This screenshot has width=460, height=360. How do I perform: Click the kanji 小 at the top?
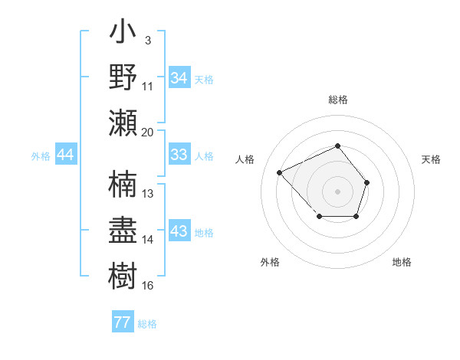123,34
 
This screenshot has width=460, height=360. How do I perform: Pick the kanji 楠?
123,185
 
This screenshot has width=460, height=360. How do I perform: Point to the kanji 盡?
123,230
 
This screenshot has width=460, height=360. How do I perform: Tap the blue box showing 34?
179,78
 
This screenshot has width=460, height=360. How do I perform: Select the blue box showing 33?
179,155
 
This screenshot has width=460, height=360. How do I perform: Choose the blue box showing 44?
66,155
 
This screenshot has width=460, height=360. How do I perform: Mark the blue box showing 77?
122,322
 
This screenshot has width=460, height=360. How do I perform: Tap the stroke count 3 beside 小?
147,40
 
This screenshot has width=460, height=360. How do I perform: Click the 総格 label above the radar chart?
337,100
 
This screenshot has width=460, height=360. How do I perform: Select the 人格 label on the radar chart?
245,159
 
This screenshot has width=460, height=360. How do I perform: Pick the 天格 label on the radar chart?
432,159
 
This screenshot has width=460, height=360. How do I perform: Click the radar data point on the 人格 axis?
280,172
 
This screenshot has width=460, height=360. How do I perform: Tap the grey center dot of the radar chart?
337,191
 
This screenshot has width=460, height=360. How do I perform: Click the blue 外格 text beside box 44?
41,156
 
